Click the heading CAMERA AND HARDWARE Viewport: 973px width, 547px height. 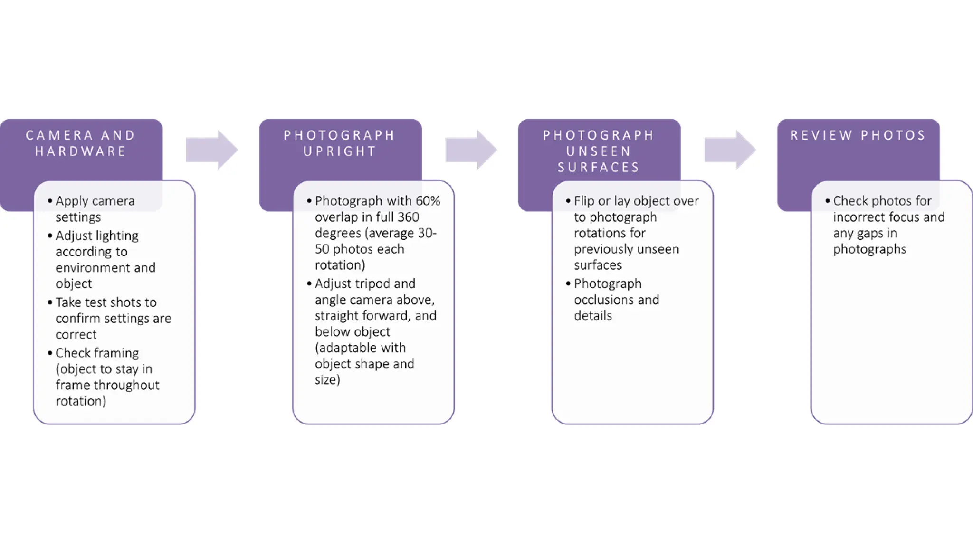click(81, 143)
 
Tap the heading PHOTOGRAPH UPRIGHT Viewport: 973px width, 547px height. click(340, 143)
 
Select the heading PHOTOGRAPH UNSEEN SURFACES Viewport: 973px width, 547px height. click(599, 151)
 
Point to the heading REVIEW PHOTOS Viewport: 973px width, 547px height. click(858, 135)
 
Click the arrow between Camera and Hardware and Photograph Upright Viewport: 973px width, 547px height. click(211, 150)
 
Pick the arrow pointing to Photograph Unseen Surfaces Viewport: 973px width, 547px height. click(470, 150)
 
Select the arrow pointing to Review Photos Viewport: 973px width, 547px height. click(729, 150)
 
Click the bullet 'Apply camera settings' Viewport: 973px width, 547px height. click(95, 209)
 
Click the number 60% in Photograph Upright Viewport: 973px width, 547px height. click(428, 201)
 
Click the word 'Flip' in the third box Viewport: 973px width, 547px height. click(584, 201)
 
